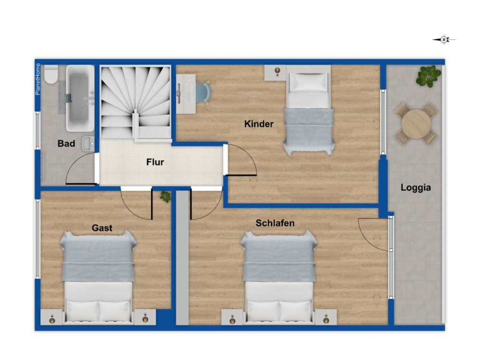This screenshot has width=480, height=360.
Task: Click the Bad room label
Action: click(66, 143)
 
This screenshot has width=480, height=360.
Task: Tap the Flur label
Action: click(155, 162)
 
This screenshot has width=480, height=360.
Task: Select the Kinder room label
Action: click(259, 124)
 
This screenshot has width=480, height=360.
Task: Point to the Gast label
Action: click(102, 228)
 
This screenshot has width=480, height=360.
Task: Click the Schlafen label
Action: click(275, 223)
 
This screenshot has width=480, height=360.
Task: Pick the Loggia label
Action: click(416, 187)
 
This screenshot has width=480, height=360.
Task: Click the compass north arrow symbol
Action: click(444, 39)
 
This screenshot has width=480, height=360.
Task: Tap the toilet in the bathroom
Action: click(51, 75)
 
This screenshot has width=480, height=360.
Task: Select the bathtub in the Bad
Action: click(81, 98)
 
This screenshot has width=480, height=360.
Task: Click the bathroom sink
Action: click(88, 143)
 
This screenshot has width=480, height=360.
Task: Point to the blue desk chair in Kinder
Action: click(204, 91)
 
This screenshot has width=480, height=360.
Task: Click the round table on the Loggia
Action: click(416, 124)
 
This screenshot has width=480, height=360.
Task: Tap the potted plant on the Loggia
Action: click(428, 75)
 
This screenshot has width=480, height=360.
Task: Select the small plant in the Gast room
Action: click(165, 196)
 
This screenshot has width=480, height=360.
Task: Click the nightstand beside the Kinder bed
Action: click(276, 73)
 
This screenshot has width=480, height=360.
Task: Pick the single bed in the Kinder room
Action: click(308, 110)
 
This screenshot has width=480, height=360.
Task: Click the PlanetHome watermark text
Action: click(37, 79)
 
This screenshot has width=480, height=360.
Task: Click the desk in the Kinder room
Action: click(186, 94)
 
